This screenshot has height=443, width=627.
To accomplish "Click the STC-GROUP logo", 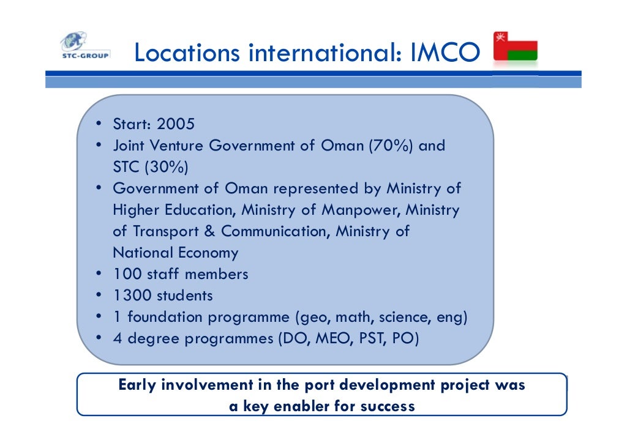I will tap(84, 47).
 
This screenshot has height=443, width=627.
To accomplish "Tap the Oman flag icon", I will tap(515, 47).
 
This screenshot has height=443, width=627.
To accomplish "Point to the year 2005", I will tap(176, 125).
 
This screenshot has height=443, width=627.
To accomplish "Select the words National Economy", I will tap(175, 253).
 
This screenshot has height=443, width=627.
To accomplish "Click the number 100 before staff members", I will tap(127, 274).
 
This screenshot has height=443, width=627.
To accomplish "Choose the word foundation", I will tap(165, 317).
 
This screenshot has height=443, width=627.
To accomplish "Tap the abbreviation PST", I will tap(370, 338).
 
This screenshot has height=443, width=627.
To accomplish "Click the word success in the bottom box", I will tap(387, 406).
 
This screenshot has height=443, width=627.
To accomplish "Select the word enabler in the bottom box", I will tap(303, 406).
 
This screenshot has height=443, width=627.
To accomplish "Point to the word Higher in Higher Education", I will tap(132, 210).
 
